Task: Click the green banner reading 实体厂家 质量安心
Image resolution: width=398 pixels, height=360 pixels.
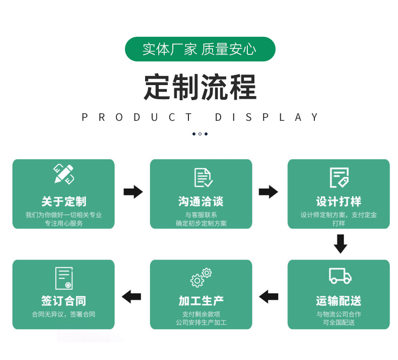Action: [200, 49]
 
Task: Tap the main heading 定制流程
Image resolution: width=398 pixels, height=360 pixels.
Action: [200, 87]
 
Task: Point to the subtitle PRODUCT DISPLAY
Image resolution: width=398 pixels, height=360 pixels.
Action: [200, 117]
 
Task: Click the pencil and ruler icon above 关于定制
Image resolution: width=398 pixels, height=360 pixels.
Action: [64, 174]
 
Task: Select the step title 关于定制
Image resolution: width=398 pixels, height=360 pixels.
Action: [63, 202]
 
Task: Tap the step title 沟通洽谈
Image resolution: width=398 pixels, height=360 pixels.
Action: [201, 202]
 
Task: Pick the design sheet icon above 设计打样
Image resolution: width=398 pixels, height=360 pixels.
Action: [339, 177]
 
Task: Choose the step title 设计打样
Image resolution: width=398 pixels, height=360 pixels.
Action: [339, 202]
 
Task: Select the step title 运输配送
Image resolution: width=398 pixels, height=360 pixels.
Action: [339, 301]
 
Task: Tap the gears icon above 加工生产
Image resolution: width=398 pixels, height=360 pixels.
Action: [201, 277]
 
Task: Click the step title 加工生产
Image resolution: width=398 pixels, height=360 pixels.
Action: [201, 301]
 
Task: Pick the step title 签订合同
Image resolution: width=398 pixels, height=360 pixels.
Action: [63, 301]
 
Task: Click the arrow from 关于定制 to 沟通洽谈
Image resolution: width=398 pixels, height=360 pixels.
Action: [133, 192]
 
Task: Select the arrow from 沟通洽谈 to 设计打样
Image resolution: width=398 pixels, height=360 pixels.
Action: [269, 192]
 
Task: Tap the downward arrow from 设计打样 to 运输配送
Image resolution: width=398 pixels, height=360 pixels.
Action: [341, 244]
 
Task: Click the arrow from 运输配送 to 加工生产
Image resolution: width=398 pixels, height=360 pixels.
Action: [269, 297]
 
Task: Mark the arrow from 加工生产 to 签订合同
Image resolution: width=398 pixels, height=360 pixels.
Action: [131, 297]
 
